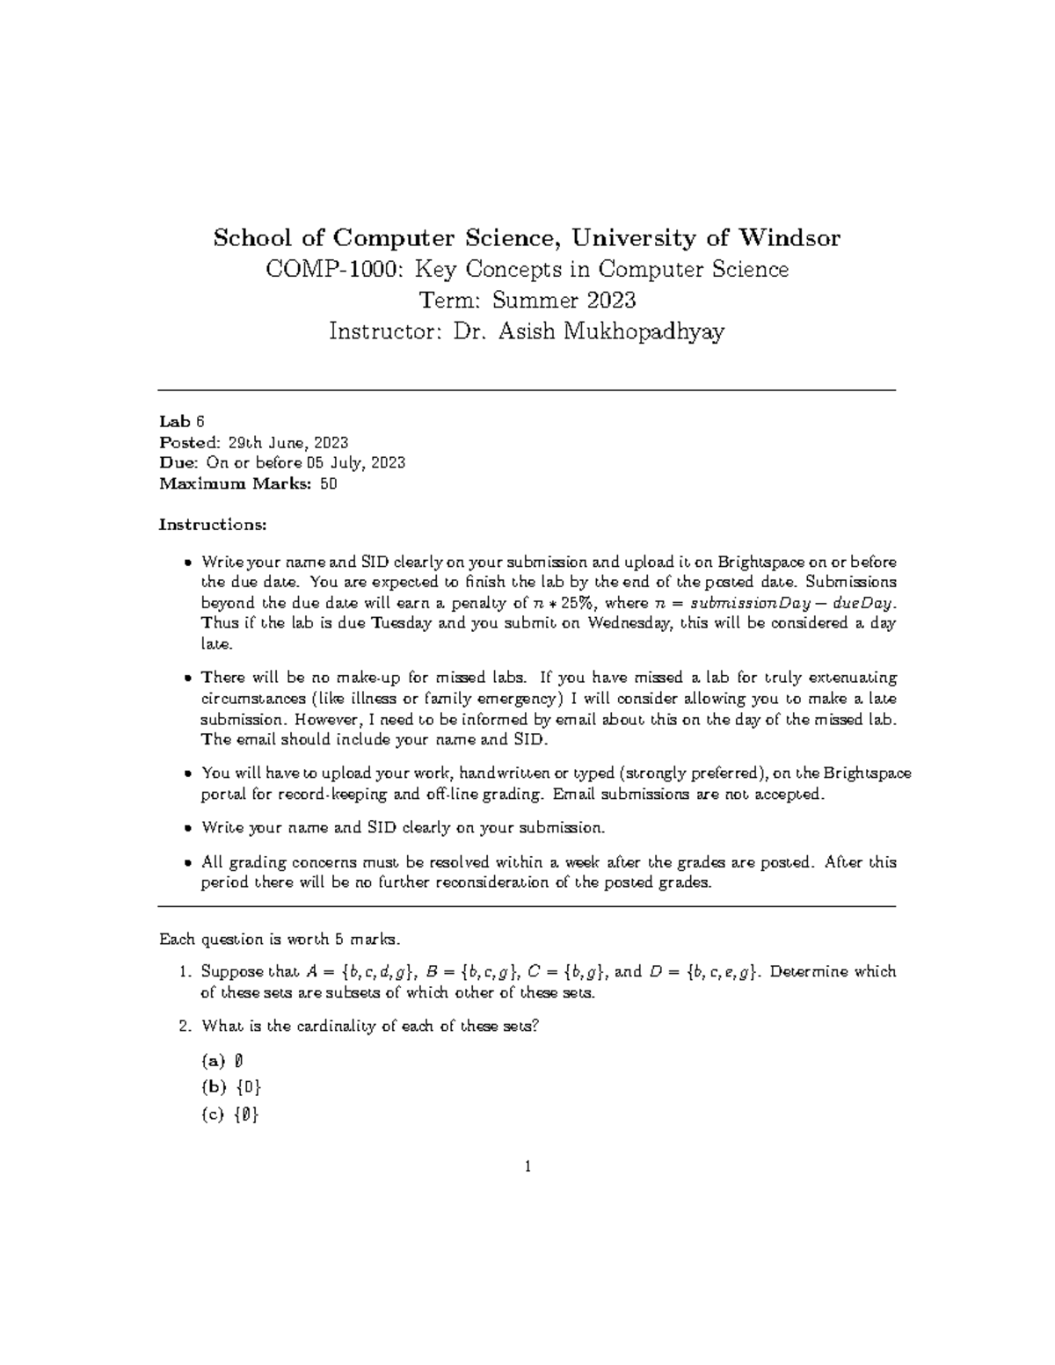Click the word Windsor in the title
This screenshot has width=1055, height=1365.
789,238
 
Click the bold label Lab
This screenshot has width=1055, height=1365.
174,421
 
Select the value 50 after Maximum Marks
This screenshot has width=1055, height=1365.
329,483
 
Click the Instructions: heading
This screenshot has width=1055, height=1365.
212,525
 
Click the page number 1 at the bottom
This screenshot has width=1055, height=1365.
527,1167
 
